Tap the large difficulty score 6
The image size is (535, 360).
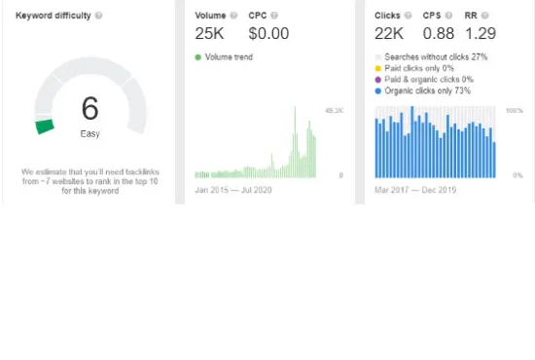point(89,107)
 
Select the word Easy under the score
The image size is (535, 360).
point(89,133)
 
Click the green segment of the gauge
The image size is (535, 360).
point(44,126)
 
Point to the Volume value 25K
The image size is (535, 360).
point(209,34)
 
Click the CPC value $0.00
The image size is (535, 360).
point(268,34)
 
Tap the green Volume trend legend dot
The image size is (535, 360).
point(198,57)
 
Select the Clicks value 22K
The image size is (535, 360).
point(389,34)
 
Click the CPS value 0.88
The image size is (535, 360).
point(439,34)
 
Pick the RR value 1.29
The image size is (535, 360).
point(481,34)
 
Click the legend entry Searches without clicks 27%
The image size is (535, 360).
point(436,57)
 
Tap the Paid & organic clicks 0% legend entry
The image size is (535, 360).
point(429,79)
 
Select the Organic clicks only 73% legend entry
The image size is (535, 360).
point(429,90)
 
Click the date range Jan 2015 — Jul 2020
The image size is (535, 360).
point(233,189)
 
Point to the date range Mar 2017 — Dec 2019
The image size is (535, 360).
point(416,189)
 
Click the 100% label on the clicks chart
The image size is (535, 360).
point(515,111)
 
